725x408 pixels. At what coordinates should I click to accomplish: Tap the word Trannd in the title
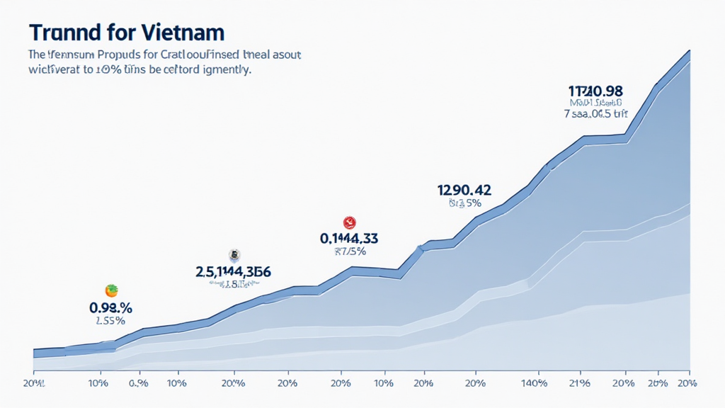[59, 33]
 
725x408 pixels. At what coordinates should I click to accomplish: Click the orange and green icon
[111, 290]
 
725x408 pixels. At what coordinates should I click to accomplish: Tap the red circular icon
[348, 222]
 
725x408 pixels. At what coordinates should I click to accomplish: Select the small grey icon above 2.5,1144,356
[234, 255]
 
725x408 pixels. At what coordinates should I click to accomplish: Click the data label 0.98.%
[111, 307]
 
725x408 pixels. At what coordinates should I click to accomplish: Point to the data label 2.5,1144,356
[233, 271]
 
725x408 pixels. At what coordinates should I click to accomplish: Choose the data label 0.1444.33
[348, 238]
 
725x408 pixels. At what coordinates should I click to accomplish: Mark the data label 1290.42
[464, 190]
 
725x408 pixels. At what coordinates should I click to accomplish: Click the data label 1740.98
[595, 91]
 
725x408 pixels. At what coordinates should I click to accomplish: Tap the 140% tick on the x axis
[533, 383]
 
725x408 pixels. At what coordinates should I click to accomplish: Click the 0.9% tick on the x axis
[138, 383]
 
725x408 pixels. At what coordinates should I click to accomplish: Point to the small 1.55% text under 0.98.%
[110, 320]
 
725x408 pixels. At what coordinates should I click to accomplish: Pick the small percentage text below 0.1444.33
[348, 250]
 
